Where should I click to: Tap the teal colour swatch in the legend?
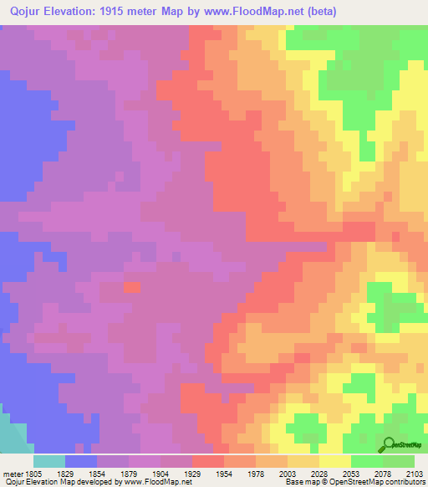[x=49, y=461]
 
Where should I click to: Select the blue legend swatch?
[x=81, y=461]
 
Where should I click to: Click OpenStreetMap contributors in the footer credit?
[x=378, y=482]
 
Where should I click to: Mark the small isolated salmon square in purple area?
[x=132, y=287]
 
